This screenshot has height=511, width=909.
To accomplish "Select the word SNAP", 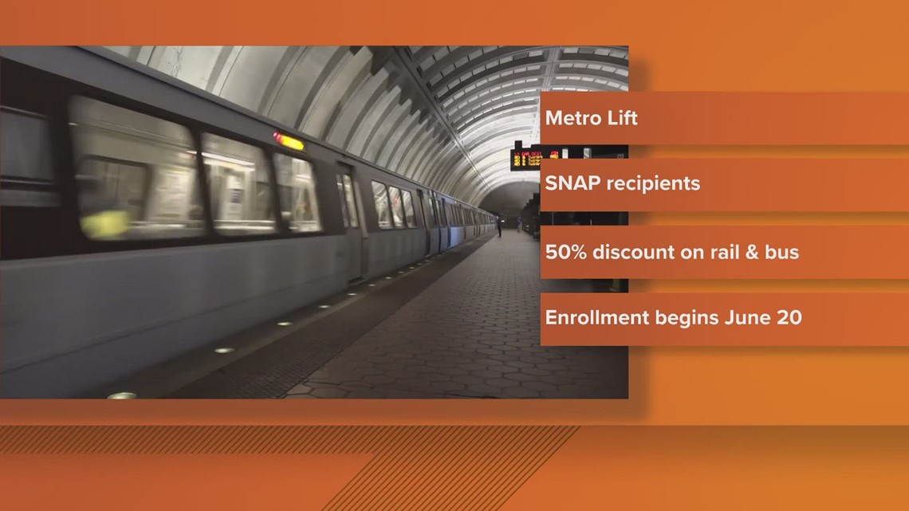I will [571, 183].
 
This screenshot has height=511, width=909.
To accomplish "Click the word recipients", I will [652, 184].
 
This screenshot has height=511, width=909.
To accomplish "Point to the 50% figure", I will [565, 253].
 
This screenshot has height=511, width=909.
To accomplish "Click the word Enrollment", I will [596, 317].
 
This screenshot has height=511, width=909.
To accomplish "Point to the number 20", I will [789, 317].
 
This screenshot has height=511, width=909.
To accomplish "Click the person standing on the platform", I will [500, 226].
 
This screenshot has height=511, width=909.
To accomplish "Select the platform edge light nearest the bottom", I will [122, 395].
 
